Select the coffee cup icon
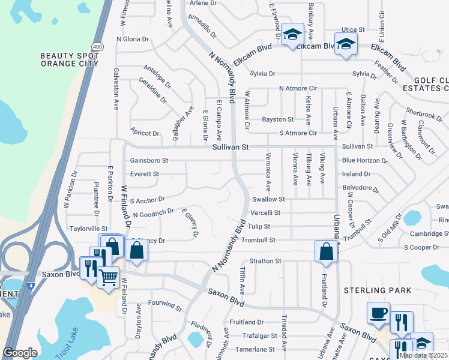(378, 313)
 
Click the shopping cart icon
(108, 277)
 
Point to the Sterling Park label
(378, 290)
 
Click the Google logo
(20, 353)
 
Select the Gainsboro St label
(149, 161)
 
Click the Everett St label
(144, 174)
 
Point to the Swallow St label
(268, 199)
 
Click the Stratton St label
(265, 261)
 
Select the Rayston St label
(277, 119)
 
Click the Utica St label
(353, 29)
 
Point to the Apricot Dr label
(145, 133)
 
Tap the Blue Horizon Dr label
(364, 161)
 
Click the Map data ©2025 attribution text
(423, 355)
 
